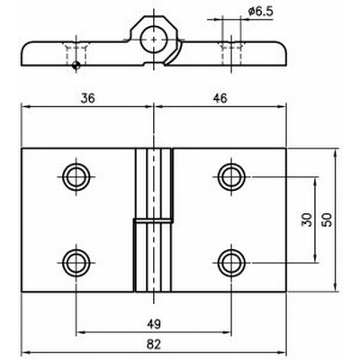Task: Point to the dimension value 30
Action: pyautogui.click(x=306, y=220)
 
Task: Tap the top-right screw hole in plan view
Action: pyautogui.click(x=232, y=174)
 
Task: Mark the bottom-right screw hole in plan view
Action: pyautogui.click(x=232, y=262)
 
